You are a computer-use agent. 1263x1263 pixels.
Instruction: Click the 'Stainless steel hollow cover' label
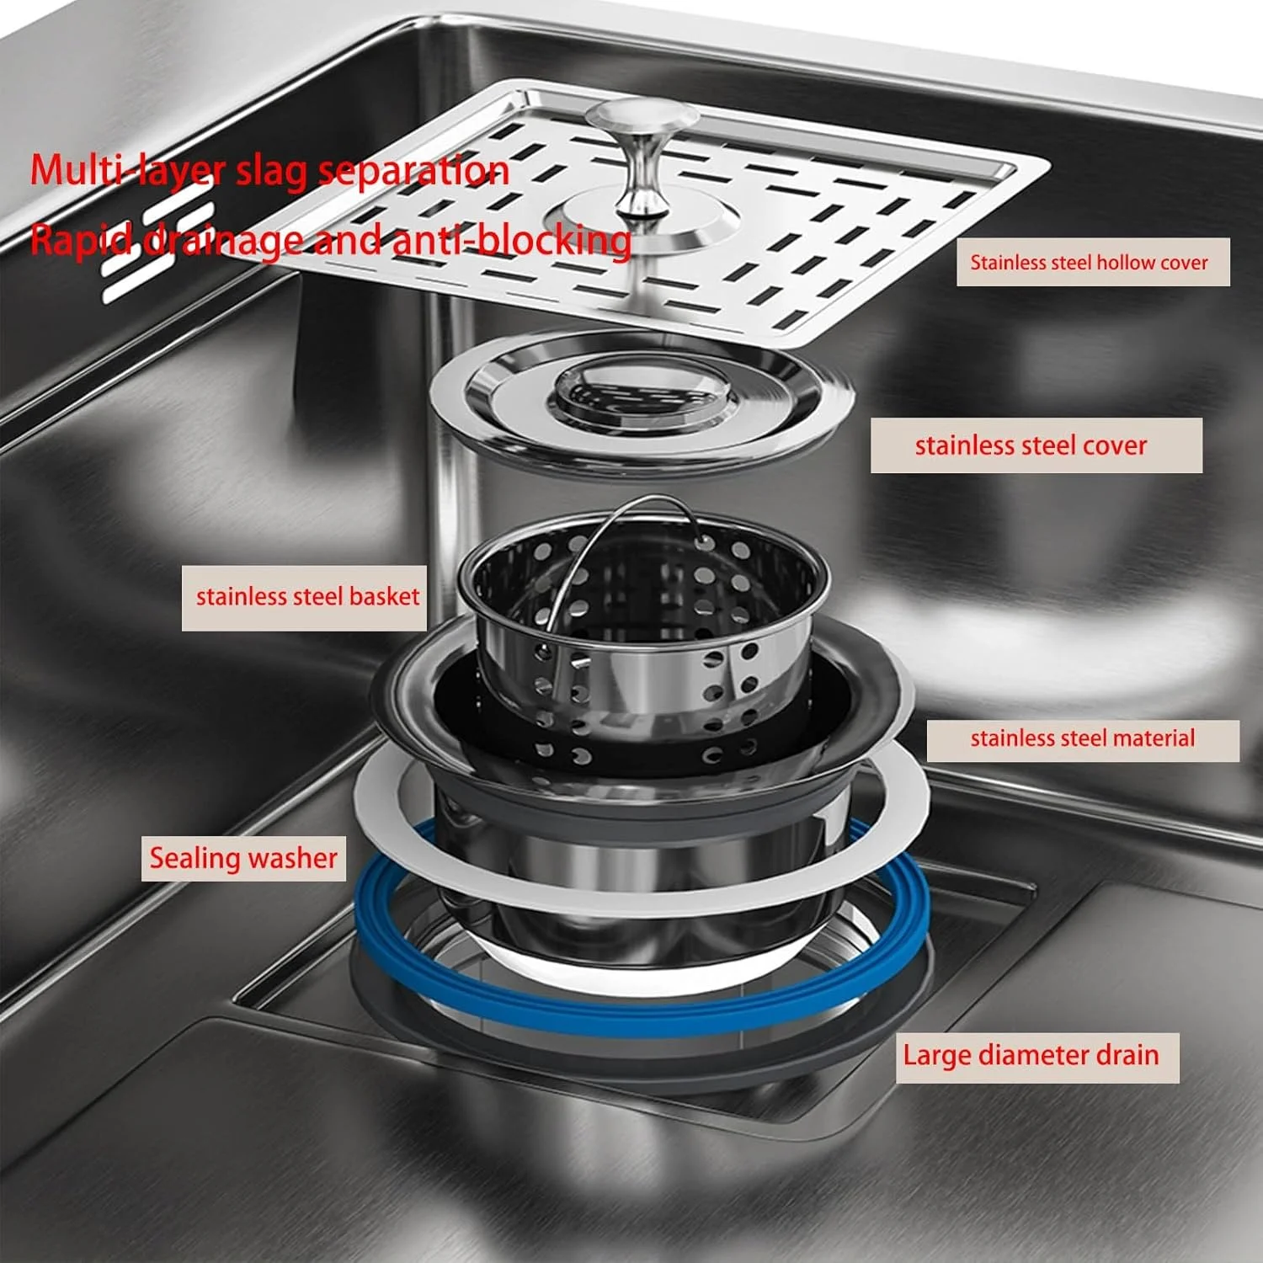[x=1092, y=262]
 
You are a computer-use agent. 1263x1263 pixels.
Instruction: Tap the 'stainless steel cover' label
[x=1036, y=445]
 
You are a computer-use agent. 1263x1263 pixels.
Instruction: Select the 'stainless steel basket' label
[x=305, y=597]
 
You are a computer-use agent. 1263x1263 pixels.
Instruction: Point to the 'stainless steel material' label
[x=1083, y=739]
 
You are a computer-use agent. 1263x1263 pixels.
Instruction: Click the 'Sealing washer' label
[x=243, y=858]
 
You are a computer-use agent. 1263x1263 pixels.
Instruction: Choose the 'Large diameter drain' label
[x=1037, y=1057]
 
